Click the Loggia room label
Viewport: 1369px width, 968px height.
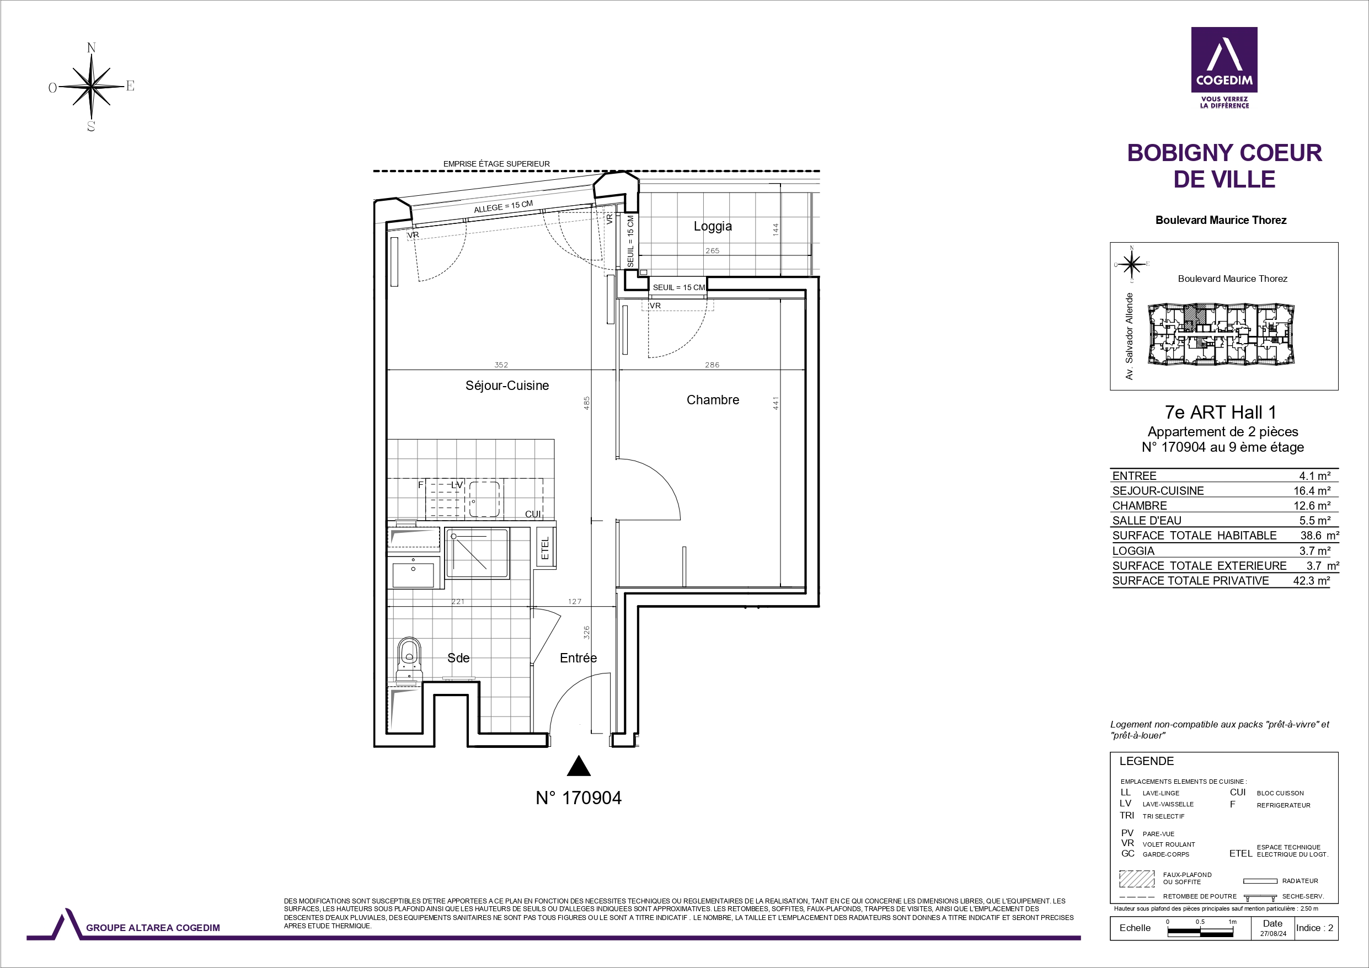[713, 226]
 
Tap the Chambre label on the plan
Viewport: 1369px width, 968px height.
[713, 399]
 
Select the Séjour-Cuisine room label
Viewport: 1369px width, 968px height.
[507, 386]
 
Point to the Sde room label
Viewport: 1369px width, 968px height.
[458, 658]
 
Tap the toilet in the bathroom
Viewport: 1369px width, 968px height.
[409, 660]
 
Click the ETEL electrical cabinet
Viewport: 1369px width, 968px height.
[545, 548]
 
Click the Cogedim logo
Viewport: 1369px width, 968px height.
[1224, 67]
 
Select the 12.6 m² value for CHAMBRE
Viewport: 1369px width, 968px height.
[1312, 506]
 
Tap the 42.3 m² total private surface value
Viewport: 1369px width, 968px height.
[1312, 581]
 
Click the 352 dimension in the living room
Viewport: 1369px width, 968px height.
[501, 365]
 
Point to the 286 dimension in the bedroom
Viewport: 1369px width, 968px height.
[712, 365]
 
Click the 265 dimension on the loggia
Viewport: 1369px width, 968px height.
[712, 250]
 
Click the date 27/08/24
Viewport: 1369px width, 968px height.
[1272, 934]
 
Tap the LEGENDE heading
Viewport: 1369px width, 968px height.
[1146, 761]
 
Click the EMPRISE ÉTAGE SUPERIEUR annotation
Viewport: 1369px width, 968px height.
[496, 164]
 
